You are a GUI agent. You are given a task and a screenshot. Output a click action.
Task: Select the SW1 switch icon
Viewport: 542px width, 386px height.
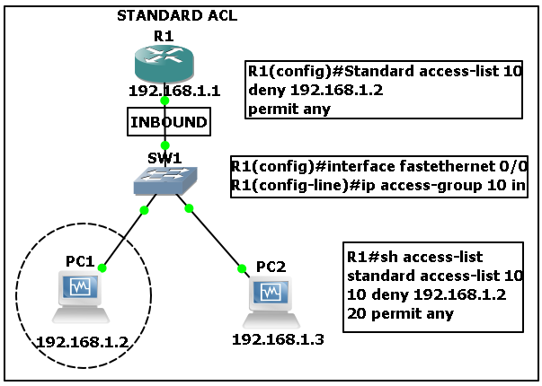tap(165, 180)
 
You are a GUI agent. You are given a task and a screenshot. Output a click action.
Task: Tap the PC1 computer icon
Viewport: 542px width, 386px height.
tap(81, 297)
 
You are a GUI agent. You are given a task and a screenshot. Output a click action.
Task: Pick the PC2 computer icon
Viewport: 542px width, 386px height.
tap(271, 303)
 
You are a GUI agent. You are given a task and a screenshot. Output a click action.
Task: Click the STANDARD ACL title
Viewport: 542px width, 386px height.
tap(177, 15)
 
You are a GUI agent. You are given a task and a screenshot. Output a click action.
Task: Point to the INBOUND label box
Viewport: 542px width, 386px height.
tap(169, 121)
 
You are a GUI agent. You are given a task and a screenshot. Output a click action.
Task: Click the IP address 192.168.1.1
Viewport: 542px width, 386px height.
tap(174, 91)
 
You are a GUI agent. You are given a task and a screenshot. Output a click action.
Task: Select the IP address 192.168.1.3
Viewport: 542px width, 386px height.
tap(278, 339)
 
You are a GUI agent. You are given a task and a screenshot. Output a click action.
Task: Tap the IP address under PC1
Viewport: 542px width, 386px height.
tap(83, 342)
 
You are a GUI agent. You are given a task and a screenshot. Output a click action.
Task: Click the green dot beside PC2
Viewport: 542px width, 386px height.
tap(242, 268)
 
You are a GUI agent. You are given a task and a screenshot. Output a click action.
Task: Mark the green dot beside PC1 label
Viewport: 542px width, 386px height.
tap(102, 268)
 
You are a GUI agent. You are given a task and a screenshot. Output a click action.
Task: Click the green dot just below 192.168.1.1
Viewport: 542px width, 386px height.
tap(164, 101)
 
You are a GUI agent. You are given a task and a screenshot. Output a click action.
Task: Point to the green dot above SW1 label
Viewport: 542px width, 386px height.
tap(165, 145)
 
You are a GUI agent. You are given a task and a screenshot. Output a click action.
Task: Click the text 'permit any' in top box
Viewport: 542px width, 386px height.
tap(289, 110)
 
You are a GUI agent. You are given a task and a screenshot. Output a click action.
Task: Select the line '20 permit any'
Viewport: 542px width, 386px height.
tap(400, 313)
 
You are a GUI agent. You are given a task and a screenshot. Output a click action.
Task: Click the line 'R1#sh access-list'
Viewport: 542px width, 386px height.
tap(414, 257)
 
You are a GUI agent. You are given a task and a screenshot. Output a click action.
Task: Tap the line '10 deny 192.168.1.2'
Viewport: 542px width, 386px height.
tap(427, 294)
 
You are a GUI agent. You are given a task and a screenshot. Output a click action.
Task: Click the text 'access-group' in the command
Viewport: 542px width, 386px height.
tap(431, 186)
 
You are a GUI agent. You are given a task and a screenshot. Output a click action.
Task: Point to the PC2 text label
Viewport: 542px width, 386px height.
tap(271, 267)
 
